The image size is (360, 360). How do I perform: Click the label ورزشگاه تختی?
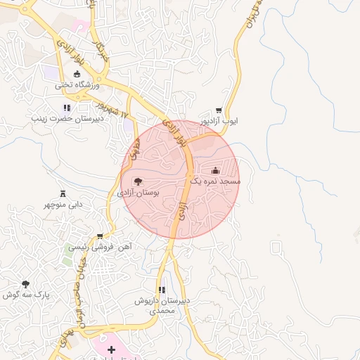[x=77, y=85]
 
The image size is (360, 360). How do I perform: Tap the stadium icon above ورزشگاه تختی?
[x=77, y=74]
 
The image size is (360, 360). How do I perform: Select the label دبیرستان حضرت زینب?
[x=67, y=119]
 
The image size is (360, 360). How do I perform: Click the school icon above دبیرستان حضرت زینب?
[x=67, y=108]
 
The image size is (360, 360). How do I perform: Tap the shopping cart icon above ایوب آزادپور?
[x=219, y=110]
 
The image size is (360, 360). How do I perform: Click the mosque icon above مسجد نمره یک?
[x=215, y=170]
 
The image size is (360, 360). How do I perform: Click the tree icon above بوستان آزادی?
[x=138, y=181]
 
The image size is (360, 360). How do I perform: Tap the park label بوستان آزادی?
[x=138, y=192]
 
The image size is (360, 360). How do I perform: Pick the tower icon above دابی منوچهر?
[x=63, y=193]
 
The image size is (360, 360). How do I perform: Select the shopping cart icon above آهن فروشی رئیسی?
[x=100, y=236]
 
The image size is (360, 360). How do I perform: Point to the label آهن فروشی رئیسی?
[x=100, y=247]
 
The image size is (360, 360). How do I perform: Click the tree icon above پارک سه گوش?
[x=26, y=284]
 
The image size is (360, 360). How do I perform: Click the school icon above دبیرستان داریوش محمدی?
[x=162, y=290]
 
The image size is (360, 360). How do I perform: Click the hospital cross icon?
[x=111, y=349]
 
